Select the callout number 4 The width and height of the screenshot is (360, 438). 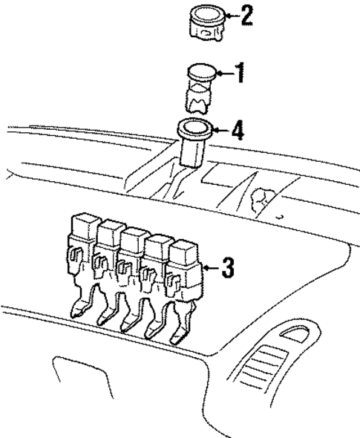(x=237, y=131)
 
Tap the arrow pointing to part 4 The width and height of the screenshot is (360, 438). (x=220, y=131)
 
